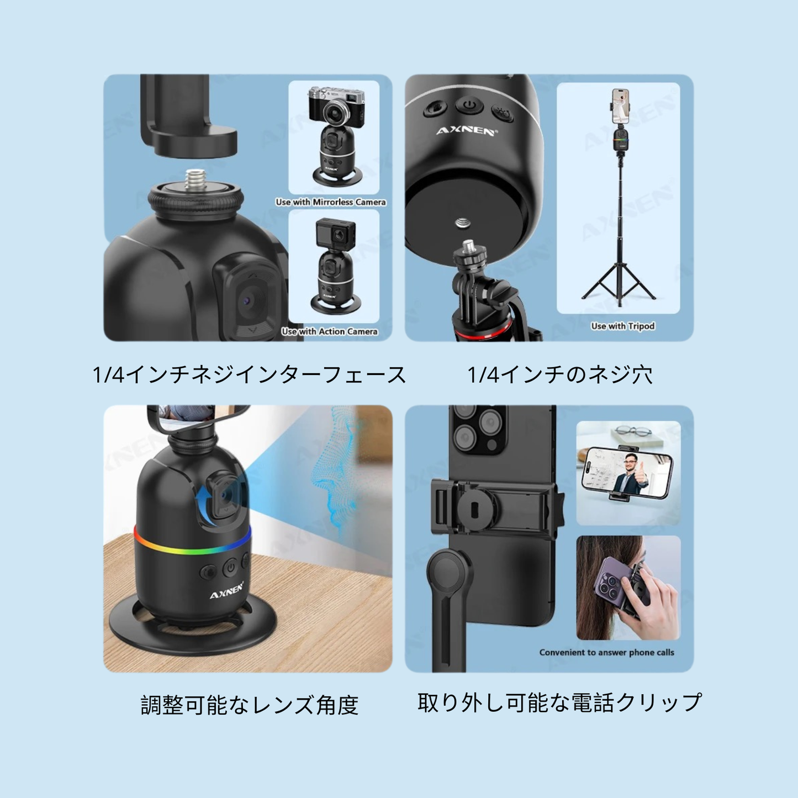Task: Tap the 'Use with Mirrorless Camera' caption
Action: pos(331,202)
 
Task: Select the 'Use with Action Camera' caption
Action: pos(330,331)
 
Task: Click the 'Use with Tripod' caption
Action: pos(623,326)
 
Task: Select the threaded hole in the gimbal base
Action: pos(463,223)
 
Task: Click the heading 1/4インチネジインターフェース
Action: pos(250,375)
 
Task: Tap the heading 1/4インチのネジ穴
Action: pos(560,375)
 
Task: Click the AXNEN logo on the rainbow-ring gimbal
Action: pos(226,592)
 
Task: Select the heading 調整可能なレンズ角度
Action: pos(250,705)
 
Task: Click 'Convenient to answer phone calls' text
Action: pos(606,652)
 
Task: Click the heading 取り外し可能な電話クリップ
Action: pos(559,702)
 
